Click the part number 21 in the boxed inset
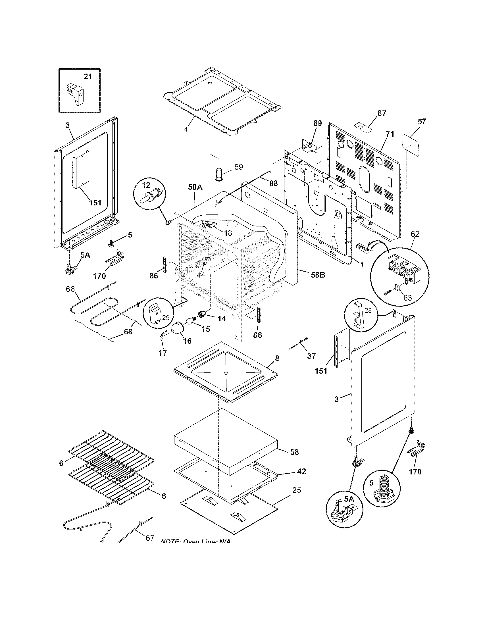88,76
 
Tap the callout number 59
238,166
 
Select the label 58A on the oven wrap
195,188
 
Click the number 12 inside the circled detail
146,185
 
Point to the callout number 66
70,289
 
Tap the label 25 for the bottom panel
297,490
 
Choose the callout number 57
421,121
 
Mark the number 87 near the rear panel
382,113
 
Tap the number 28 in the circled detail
368,310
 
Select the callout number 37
311,356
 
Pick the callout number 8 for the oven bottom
277,358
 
